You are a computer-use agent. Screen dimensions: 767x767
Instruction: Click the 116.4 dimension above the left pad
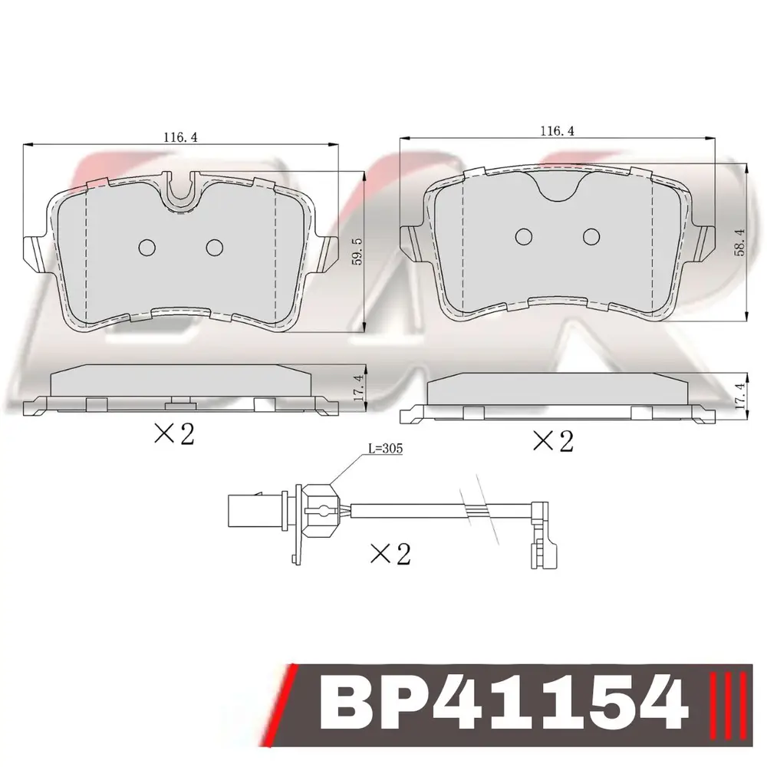pos(180,137)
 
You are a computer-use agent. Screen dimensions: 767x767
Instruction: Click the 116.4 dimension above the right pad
pos(557,130)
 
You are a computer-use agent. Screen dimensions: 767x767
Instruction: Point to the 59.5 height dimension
pos(357,252)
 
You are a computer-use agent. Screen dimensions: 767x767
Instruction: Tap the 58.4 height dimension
pos(739,242)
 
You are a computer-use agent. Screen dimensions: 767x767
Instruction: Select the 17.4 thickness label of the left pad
pos(357,389)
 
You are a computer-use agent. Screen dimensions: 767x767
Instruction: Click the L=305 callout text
pos(386,448)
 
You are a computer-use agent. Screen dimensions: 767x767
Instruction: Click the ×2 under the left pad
pos(175,433)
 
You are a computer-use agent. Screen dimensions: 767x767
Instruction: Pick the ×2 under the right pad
pos(553,441)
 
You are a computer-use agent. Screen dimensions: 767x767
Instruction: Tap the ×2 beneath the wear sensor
pos(391,554)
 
